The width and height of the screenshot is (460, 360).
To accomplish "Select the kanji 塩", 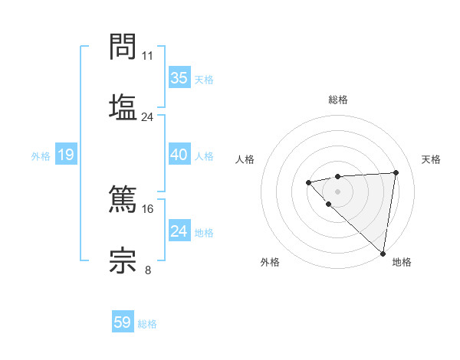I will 123,107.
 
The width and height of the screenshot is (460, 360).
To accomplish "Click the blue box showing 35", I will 179,78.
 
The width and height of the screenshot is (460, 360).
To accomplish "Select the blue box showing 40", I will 179,155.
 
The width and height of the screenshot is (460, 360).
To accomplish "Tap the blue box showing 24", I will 179,231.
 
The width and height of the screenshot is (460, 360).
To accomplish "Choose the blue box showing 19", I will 65,155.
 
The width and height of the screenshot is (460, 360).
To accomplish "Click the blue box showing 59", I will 123,322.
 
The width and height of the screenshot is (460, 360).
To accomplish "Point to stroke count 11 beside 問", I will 148,56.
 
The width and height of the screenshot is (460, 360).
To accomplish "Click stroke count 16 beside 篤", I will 148,208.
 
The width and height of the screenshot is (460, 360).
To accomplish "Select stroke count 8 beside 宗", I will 148,270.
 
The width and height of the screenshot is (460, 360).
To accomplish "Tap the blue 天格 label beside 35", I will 204,80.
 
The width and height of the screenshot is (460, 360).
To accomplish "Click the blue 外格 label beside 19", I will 41,156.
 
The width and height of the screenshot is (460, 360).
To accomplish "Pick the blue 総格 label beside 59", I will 147,324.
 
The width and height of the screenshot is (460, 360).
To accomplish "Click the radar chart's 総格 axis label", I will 337,100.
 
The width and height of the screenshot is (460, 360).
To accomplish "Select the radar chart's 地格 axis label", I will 402,262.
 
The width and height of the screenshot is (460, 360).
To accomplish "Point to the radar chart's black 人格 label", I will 245,159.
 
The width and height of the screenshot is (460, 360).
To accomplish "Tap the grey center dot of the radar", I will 337,191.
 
